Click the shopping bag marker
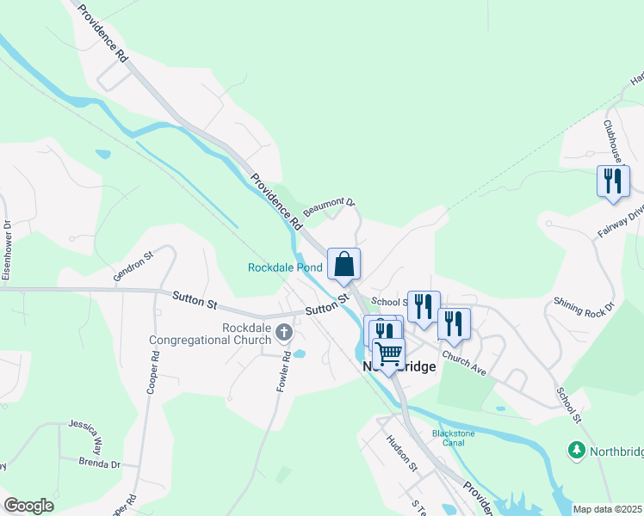[344, 264]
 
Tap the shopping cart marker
[388, 353]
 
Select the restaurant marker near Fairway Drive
[612, 181]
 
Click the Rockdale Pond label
[285, 267]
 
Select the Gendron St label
[132, 267]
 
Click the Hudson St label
[401, 452]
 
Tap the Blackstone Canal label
[448, 438]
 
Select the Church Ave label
[465, 360]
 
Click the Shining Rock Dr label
[584, 307]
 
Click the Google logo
[28, 506]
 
